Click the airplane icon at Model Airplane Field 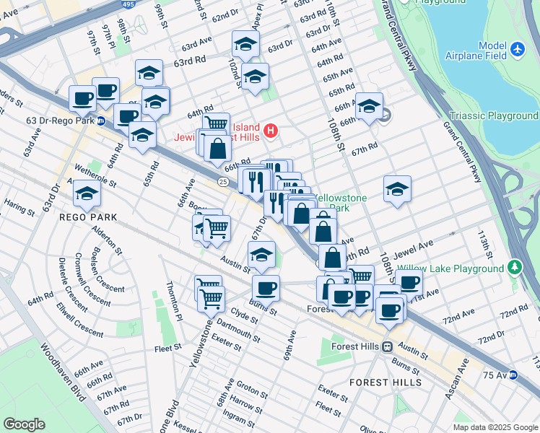[x=517, y=49]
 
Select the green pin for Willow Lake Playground [x=514, y=268]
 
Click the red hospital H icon [x=271, y=131]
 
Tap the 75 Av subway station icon [x=513, y=375]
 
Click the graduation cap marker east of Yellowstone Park [x=397, y=190]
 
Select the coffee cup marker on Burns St [x=266, y=288]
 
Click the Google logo [x=25, y=424]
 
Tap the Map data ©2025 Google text [x=495, y=427]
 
